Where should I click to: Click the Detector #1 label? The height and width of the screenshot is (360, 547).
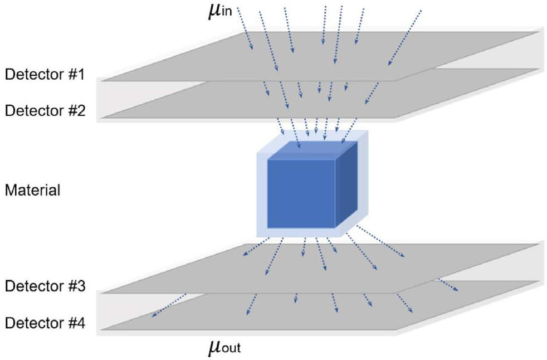pos(45,74)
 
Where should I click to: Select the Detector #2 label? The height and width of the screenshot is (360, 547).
pos(45,110)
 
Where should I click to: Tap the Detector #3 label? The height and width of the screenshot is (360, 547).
pos(45,286)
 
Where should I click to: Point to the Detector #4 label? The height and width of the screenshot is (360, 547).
pos(45,323)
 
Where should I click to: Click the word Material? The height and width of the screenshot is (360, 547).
pos(32,190)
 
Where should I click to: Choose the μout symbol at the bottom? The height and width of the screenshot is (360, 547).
pos(224,347)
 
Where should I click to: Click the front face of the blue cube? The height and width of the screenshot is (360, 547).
pos(301,194)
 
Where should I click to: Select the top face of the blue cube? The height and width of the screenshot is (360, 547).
pos(312,150)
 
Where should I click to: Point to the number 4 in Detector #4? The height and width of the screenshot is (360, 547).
pos(81,323)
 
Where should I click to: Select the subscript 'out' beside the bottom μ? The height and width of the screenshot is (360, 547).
pos(231,348)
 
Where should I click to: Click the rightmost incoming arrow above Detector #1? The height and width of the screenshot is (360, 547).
pos(404,38)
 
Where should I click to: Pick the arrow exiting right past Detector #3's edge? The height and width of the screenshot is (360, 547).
pos(448,285)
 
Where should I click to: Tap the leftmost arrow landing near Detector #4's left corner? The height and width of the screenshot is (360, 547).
pos(168,305)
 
